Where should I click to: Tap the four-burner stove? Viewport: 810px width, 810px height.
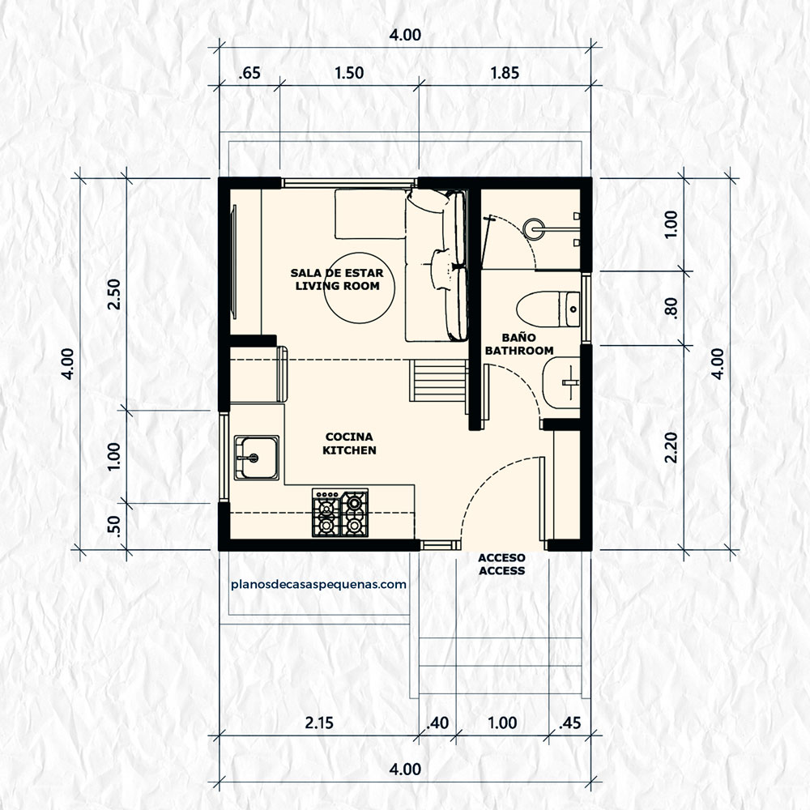point(340,513)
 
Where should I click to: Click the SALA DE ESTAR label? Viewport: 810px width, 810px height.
point(337,279)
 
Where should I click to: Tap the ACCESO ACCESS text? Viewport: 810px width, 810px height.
point(501,564)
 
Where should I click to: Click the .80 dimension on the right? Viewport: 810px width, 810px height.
point(670,308)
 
